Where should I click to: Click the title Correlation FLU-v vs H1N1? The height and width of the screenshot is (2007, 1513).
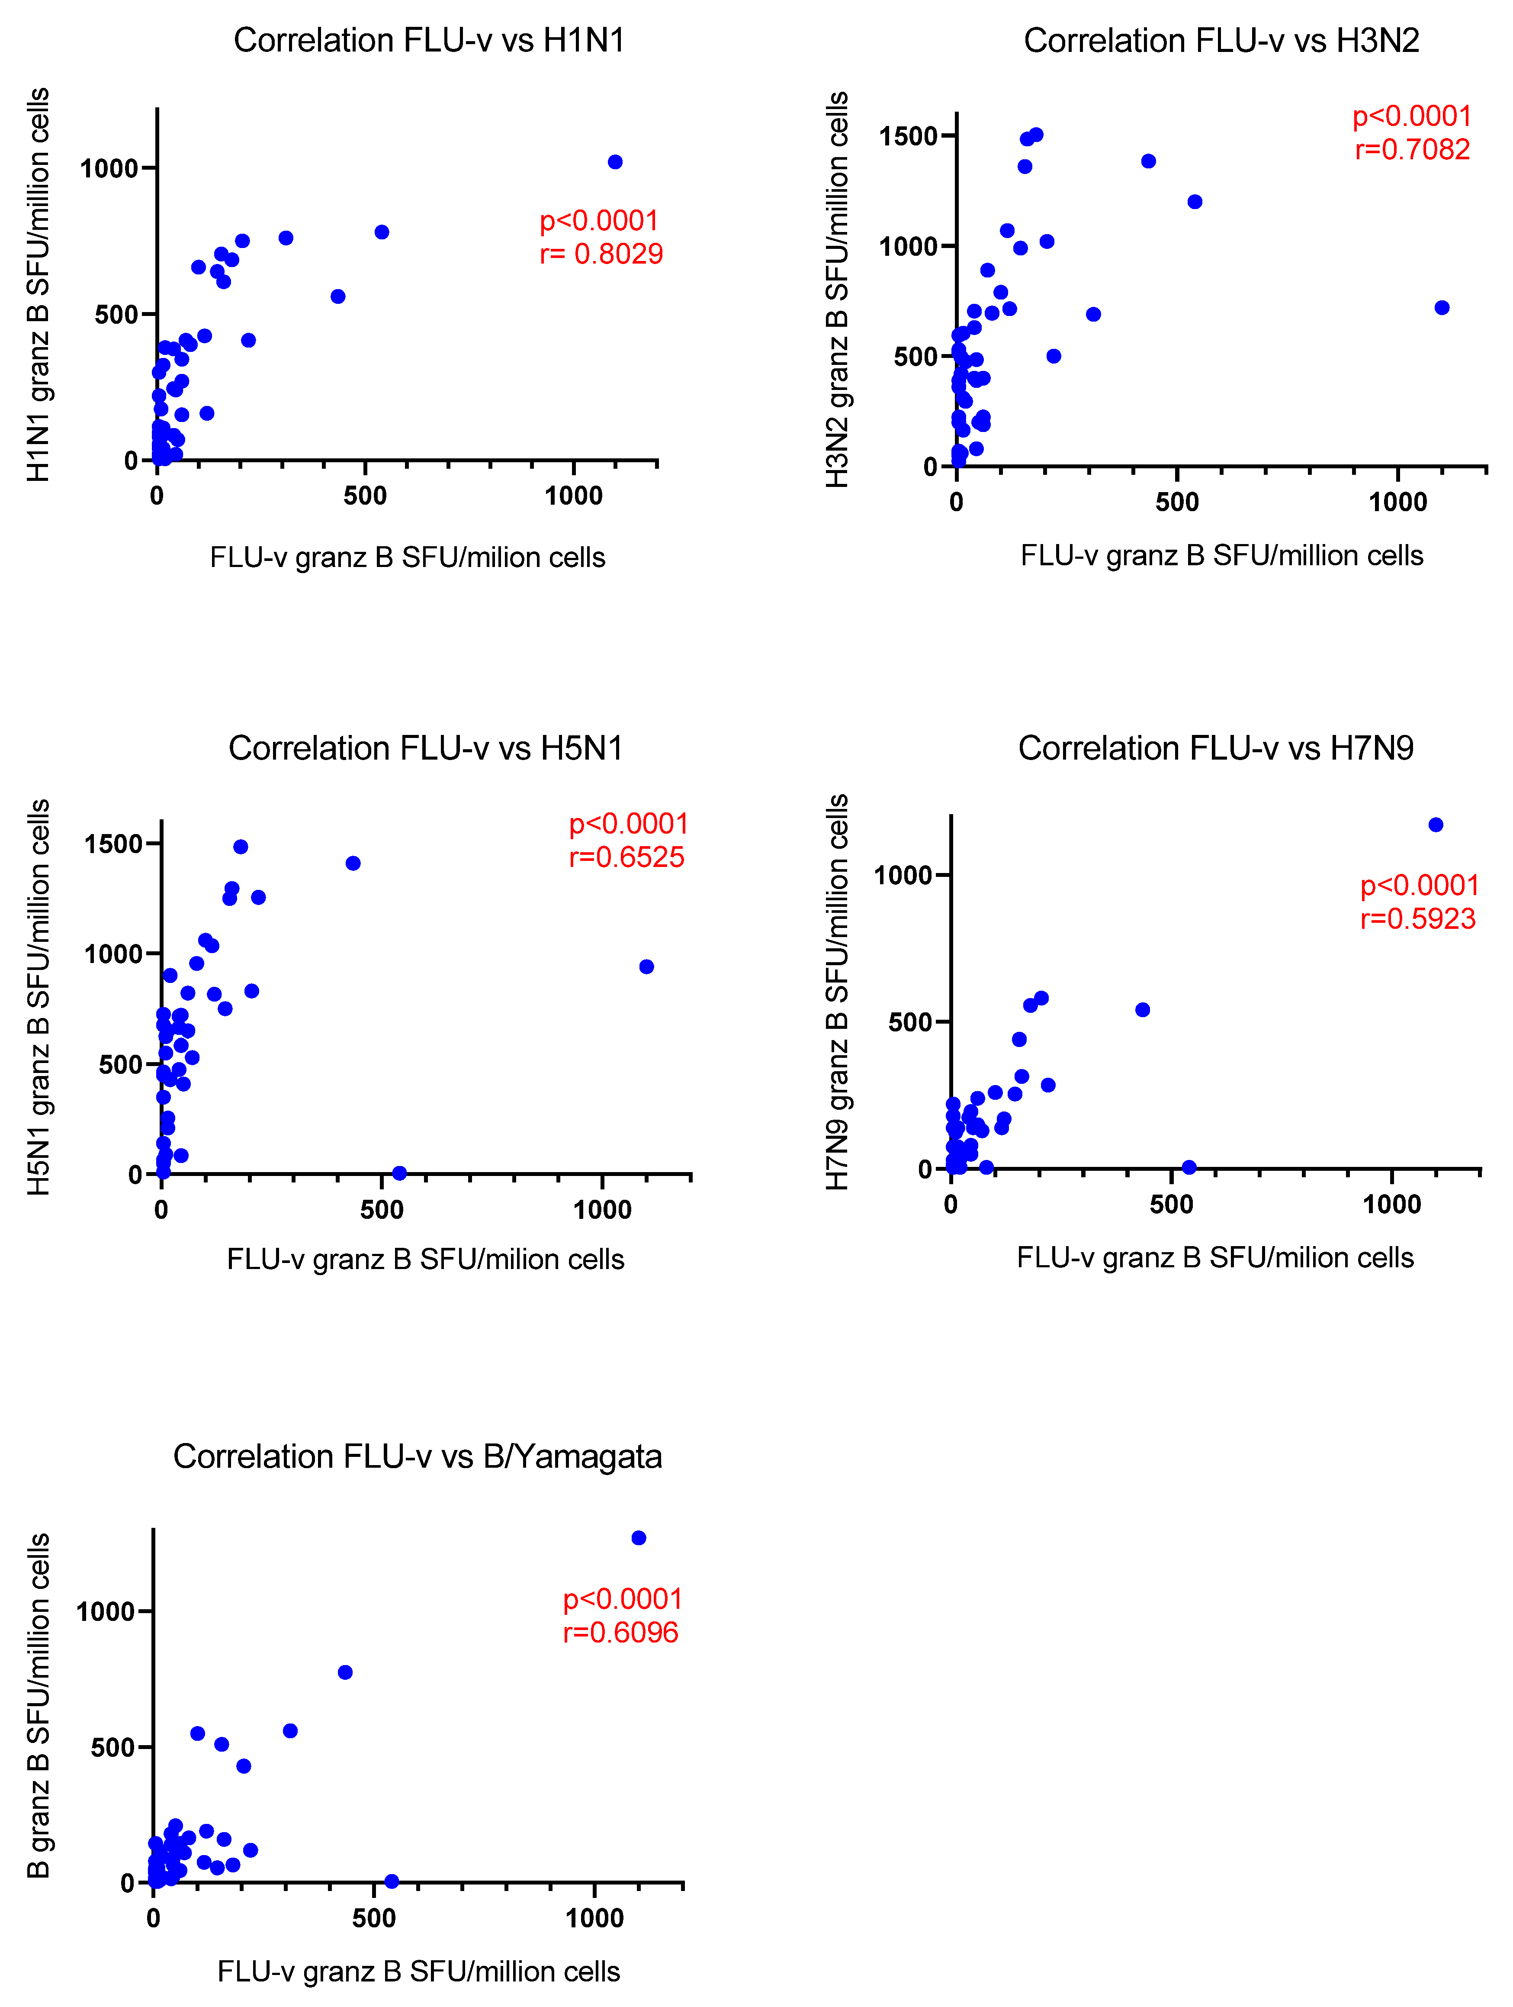click(x=429, y=41)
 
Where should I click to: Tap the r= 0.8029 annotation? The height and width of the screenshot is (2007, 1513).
click(x=601, y=254)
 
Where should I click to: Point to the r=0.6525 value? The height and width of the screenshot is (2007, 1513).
click(x=627, y=857)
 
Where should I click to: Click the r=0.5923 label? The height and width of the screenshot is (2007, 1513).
click(x=1418, y=919)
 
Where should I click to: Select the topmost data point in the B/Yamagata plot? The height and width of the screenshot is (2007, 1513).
click(x=639, y=1538)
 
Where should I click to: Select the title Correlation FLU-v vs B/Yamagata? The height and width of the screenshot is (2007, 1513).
click(x=417, y=1456)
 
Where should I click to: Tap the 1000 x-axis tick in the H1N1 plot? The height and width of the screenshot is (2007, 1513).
click(x=573, y=496)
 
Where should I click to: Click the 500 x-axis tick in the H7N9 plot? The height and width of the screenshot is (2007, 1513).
click(x=1171, y=1205)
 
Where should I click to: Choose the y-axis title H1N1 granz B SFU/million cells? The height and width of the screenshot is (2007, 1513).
click(x=38, y=284)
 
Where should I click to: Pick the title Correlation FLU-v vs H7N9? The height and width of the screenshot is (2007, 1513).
click(x=1215, y=748)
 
